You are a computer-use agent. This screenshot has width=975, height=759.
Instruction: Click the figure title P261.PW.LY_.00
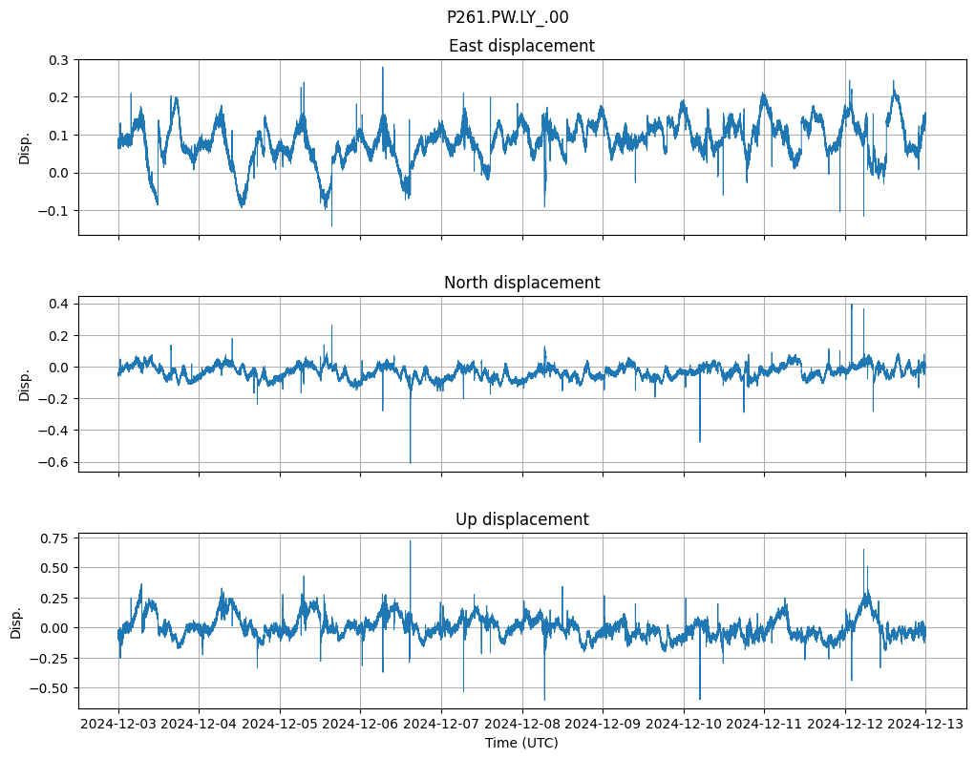point(507,17)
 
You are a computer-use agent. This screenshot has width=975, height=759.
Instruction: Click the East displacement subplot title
point(521,46)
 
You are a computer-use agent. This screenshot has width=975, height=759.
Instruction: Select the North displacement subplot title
point(521,283)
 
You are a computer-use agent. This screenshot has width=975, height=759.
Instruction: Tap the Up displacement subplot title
point(521,519)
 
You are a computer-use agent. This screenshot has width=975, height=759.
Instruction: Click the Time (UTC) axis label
point(521,742)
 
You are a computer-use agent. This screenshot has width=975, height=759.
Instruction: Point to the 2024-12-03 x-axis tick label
point(118,724)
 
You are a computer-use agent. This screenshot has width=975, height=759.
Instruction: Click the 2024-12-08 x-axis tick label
point(521,724)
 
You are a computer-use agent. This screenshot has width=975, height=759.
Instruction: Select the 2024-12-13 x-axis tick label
point(925,724)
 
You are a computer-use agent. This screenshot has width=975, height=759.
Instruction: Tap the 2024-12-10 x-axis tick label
point(684,724)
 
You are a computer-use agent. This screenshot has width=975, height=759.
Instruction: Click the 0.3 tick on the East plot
point(59,60)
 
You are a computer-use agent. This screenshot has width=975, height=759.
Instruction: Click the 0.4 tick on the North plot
point(59,304)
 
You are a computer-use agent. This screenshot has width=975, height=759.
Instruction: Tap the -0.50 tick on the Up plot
point(52,687)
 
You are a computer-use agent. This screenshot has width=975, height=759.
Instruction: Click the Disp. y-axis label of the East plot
point(25,147)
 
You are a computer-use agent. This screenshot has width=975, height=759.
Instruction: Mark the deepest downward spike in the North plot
point(411,462)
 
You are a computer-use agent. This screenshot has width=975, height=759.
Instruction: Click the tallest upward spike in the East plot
point(383,68)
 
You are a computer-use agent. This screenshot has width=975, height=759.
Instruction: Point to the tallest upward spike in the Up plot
point(411,541)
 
